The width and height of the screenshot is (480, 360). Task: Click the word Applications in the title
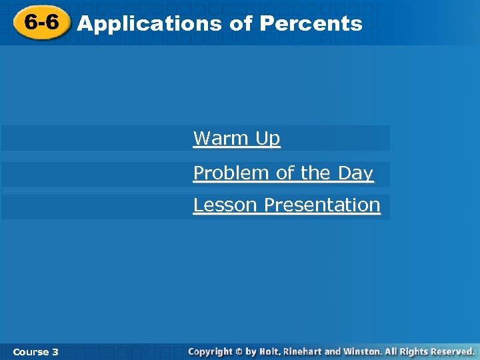click(149, 24)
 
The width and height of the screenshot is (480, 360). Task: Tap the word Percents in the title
click(311, 24)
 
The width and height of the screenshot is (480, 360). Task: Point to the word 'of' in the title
click(240, 24)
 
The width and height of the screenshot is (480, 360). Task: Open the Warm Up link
click(236, 139)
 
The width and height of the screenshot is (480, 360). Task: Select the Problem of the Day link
click(283, 173)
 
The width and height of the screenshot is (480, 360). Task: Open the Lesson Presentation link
click(286, 205)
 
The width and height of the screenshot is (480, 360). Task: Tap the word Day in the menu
click(355, 173)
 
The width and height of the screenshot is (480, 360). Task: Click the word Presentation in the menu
click(322, 205)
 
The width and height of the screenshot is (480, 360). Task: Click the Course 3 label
click(35, 351)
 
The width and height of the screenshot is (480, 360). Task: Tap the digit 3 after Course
click(55, 351)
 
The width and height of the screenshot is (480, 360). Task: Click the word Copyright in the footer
click(210, 351)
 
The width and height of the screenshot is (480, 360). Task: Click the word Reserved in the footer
click(451, 351)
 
